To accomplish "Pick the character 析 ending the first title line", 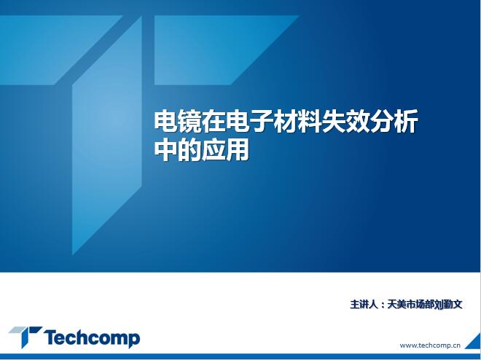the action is point(406,122).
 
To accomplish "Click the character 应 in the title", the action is point(214,150).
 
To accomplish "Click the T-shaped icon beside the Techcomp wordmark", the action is point(26,337).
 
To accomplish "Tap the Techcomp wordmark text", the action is point(92,338).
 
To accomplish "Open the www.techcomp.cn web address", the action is point(430,345).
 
